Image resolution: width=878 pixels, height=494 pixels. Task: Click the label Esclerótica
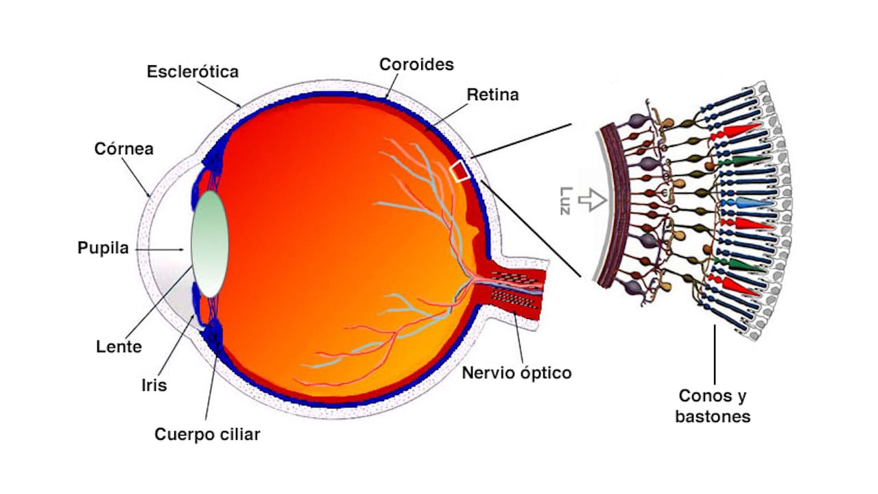193,72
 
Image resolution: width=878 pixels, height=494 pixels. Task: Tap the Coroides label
416,64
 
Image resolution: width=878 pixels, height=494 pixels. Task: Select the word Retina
493,95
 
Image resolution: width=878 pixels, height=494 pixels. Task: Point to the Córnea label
124,149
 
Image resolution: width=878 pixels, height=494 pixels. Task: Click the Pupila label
103,248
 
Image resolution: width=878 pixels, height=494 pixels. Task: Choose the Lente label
119,346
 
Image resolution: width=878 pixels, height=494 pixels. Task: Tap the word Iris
154,386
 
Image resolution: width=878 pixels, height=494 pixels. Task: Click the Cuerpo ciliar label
207,434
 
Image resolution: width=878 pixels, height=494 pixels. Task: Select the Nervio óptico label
517,373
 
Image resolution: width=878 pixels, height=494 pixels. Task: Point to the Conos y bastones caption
713,406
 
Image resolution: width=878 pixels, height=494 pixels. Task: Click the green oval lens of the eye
210,244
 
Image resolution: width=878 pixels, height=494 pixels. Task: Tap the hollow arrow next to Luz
593,200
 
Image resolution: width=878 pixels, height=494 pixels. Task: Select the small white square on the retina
460,171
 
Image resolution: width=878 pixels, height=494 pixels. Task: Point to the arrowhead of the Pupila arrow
181,249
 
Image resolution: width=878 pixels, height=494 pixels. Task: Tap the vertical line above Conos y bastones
715,355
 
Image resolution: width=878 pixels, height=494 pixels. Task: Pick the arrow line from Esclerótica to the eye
219,94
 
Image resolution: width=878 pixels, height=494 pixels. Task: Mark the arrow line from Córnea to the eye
137,177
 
